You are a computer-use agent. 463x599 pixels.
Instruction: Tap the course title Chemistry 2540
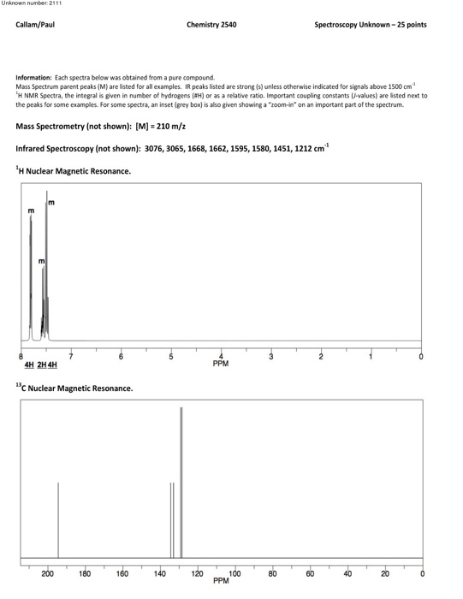click(x=211, y=25)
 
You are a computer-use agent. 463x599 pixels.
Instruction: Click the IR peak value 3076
click(x=157, y=148)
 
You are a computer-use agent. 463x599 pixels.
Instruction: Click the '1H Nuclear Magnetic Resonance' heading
click(x=74, y=171)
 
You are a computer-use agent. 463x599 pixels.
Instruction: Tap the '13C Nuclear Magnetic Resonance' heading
click(x=74, y=388)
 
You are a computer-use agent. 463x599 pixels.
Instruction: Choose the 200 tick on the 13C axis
click(x=47, y=572)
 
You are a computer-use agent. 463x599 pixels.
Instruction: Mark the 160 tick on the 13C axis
click(x=122, y=572)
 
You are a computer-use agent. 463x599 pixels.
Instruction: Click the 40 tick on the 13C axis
click(x=347, y=572)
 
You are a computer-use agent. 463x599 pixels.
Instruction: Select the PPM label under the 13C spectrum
click(x=221, y=580)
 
